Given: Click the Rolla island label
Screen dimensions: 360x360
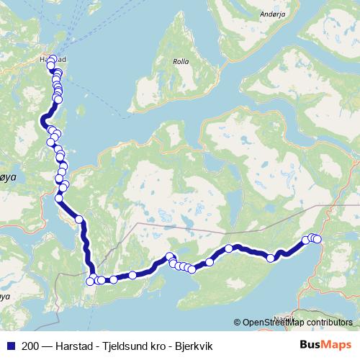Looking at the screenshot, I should coord(180,62).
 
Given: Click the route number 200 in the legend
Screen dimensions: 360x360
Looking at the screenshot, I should coord(30,346).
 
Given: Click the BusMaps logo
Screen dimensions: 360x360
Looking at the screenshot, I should coord(325,345).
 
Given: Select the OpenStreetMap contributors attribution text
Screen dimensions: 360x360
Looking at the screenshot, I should coord(293,322).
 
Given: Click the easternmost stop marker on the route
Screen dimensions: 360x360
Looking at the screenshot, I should coord(318,239).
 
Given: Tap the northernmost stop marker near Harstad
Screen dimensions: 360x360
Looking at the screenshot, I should coord(52,59).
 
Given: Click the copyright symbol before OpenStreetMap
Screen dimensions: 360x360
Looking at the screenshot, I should coord(238,322).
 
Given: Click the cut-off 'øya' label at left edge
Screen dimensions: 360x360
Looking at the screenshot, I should coord(6,175).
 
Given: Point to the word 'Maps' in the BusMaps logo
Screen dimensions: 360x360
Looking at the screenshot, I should coord(336,345).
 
